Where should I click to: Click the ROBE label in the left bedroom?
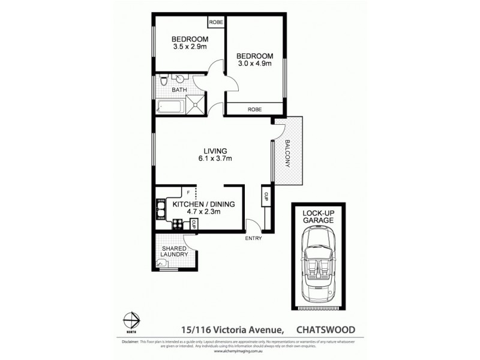(215, 22)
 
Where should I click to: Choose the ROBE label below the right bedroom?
(254, 109)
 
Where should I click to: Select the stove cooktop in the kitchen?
(178, 225)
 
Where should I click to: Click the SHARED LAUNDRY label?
(175, 251)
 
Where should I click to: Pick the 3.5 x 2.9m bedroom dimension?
(190, 46)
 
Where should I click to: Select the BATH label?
(179, 90)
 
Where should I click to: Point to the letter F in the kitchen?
(188, 193)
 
